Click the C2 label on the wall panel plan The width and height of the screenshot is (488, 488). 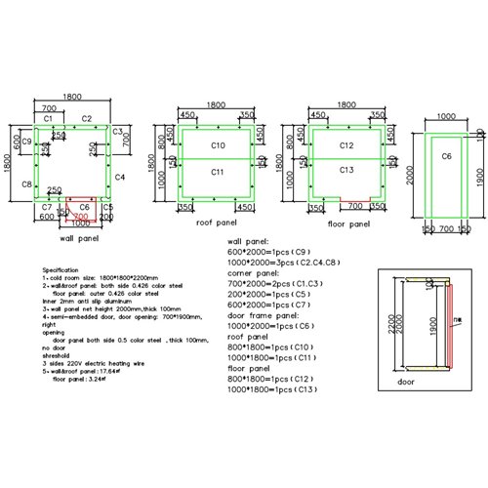tap(87, 118)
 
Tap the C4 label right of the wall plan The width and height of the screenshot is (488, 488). tap(119, 177)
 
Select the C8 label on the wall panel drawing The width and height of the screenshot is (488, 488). tap(27, 183)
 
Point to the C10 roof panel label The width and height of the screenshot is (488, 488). tap(218, 145)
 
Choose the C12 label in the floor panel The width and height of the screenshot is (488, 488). tap(346, 145)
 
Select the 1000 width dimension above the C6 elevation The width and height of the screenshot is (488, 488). tap(446, 115)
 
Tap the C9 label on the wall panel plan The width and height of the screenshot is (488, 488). tap(27, 142)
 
